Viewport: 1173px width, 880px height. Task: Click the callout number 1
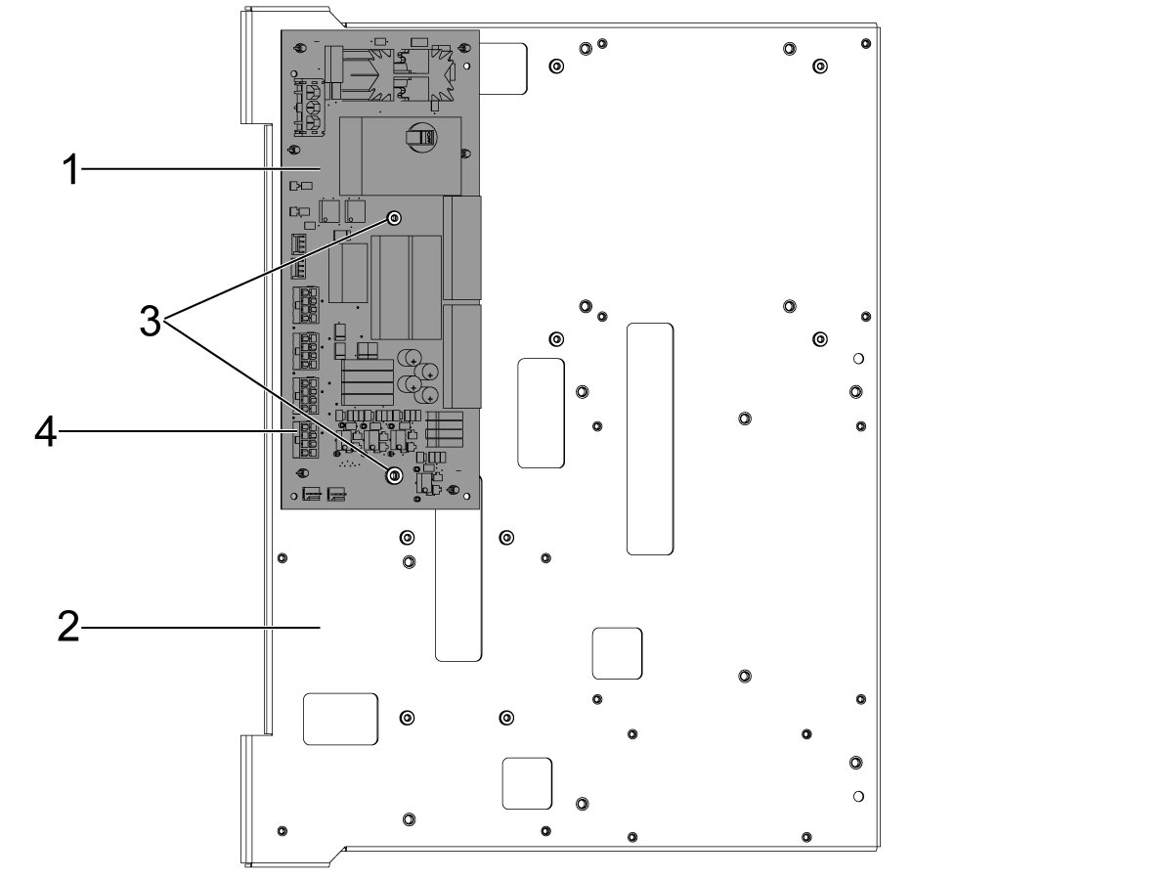tap(70, 169)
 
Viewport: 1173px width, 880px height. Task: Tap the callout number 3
tap(151, 321)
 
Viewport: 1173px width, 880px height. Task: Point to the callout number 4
tap(45, 432)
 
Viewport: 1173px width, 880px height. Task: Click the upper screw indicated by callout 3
tap(394, 218)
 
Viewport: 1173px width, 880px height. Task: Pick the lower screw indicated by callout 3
tap(394, 475)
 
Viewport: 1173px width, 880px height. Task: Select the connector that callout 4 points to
tap(305, 439)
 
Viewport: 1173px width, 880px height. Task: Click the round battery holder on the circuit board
tap(422, 136)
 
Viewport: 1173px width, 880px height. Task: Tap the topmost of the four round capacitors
tap(410, 358)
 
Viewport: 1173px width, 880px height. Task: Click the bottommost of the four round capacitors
tap(427, 395)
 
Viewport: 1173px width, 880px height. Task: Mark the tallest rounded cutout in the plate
tap(650, 439)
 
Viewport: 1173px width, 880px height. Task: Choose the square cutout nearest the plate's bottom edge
tap(527, 783)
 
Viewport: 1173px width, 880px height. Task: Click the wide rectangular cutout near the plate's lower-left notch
tap(340, 720)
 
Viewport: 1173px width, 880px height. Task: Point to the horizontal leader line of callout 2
tap(200, 628)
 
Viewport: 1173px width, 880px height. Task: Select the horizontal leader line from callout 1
tap(201, 169)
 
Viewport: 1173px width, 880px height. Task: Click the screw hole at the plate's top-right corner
tap(866, 43)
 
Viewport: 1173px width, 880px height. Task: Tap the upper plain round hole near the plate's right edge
tap(858, 359)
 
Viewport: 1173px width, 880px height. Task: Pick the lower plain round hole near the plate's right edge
tap(858, 797)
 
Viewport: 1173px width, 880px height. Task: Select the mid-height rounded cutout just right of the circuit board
tap(541, 413)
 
